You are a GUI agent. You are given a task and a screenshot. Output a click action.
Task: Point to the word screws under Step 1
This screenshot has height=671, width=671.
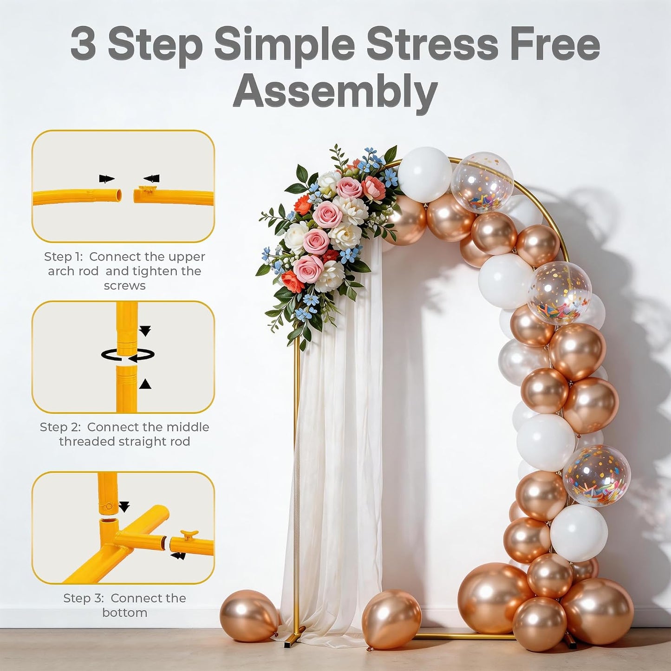point(124,286)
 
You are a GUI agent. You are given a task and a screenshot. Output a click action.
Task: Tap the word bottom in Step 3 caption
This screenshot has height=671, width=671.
point(124,612)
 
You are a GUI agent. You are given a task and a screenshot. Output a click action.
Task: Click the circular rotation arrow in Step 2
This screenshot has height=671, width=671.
point(128,355)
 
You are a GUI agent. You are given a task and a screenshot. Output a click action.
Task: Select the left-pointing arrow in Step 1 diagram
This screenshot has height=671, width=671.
point(152,179)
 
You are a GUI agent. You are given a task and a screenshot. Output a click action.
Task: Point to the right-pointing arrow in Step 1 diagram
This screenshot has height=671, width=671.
point(107,179)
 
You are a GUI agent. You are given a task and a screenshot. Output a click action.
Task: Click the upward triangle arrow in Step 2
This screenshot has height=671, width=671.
point(145,384)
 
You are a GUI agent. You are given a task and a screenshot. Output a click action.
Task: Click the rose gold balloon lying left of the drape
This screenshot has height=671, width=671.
point(250,617)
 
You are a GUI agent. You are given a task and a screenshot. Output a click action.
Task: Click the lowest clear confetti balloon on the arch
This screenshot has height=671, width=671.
point(597,475)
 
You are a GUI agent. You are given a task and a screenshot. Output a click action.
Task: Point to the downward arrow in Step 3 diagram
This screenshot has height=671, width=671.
point(124,507)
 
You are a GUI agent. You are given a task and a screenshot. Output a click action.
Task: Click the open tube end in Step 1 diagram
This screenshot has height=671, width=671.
point(119,195)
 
